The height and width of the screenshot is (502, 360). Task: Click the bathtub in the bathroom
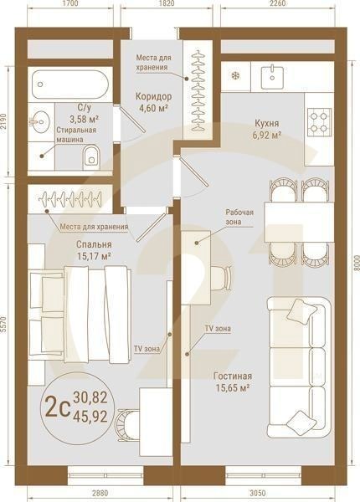pyautogui.click(x=68, y=85)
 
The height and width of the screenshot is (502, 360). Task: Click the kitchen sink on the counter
pyautogui.click(x=274, y=76)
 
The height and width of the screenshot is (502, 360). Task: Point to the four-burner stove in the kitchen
pyautogui.click(x=319, y=122)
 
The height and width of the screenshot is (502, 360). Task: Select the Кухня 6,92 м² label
pyautogui.click(x=267, y=128)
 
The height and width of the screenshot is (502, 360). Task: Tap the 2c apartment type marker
pyautogui.click(x=56, y=407)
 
